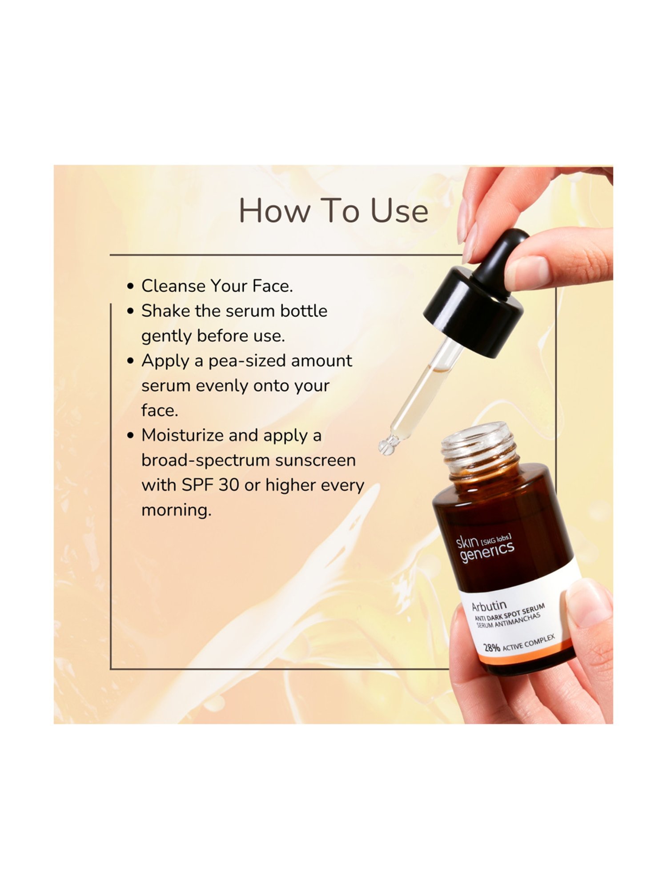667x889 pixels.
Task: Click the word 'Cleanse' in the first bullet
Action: click(173, 286)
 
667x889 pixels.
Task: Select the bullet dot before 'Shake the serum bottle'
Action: click(130, 311)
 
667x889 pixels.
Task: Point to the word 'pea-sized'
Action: click(247, 361)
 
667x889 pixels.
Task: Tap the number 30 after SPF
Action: click(229, 485)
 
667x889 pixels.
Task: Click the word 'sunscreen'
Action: click(315, 460)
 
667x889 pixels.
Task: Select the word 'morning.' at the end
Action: click(176, 510)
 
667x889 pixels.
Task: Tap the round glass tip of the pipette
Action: click(386, 446)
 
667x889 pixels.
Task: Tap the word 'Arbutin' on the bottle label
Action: click(489, 605)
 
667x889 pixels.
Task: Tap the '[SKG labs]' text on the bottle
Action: click(496, 540)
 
